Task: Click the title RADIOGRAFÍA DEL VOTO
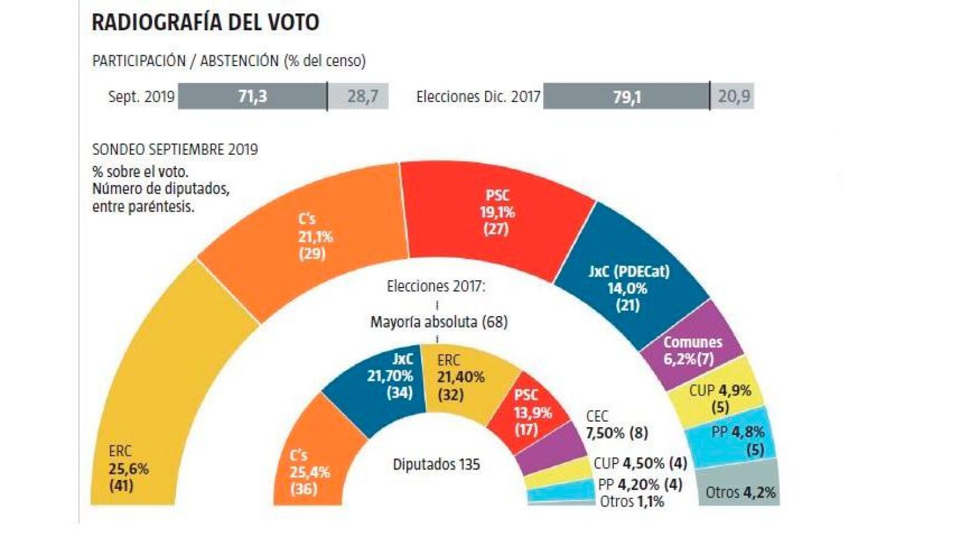pyautogui.click(x=205, y=22)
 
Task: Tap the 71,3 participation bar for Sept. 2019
pyautogui.click(x=252, y=96)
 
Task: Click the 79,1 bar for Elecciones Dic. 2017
pyautogui.click(x=626, y=96)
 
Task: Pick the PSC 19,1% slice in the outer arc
pyautogui.click(x=496, y=212)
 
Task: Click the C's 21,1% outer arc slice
pyautogui.click(x=314, y=237)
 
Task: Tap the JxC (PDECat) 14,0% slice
pyautogui.click(x=629, y=288)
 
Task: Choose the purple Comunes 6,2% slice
pyautogui.click(x=692, y=350)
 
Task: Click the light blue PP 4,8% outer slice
pyautogui.click(x=736, y=440)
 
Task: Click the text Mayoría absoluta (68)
pyautogui.click(x=439, y=322)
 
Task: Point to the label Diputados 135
pyautogui.click(x=436, y=465)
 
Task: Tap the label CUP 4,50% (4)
pyautogui.click(x=640, y=463)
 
